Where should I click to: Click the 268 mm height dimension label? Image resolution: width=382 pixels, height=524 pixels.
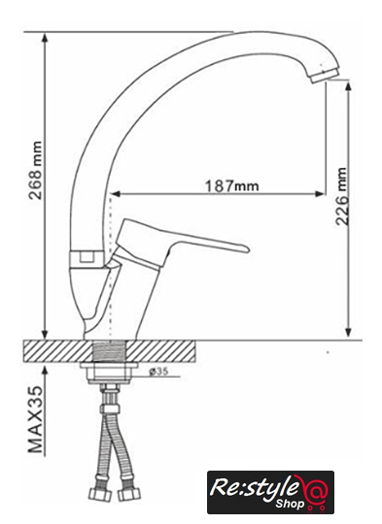point(36,171)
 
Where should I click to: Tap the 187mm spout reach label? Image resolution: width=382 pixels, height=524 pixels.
point(231,185)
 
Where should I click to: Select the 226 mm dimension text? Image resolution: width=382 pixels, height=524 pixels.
point(342,196)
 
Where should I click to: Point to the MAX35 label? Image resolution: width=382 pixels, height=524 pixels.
point(36,420)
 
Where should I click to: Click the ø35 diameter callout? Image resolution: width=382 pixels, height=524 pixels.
point(158,372)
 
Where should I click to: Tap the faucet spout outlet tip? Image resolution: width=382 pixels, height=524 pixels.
point(324,76)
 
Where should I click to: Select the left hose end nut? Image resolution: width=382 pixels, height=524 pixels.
point(100,494)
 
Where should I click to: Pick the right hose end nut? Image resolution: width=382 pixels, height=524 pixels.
point(129,495)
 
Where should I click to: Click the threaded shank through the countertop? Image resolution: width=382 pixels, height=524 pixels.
point(110,351)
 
